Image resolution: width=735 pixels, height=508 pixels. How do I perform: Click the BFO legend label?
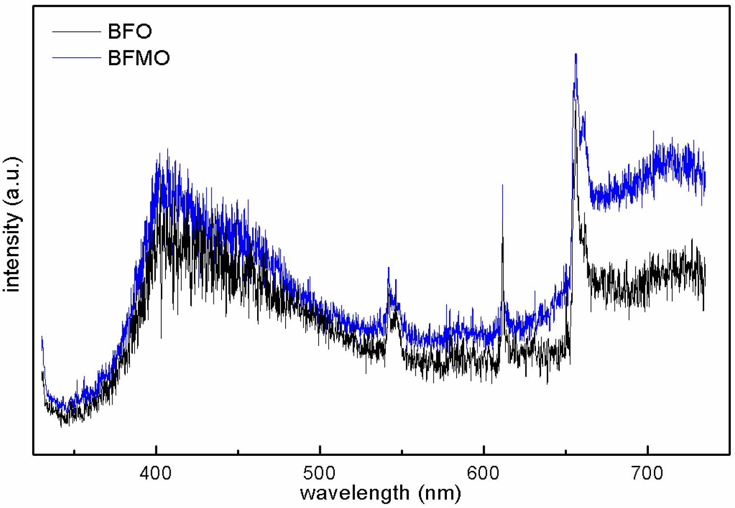point(129,31)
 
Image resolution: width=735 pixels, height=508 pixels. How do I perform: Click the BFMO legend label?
point(139,58)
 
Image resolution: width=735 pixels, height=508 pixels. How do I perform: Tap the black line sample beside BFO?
point(76,32)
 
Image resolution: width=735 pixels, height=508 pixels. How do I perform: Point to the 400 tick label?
point(156,473)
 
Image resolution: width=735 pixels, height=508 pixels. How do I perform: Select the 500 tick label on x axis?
point(320,473)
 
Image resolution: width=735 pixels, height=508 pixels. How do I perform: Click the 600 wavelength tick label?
point(484,473)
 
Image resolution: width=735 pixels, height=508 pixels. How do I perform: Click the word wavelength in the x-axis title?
point(355,493)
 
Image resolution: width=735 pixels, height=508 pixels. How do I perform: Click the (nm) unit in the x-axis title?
point(439,493)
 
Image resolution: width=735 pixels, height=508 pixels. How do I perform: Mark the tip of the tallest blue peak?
point(576,54)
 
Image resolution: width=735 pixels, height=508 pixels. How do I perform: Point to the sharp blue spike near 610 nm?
point(502,185)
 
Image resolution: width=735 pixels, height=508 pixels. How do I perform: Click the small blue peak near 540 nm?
point(388,268)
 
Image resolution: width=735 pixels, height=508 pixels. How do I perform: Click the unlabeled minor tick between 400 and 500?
point(238,452)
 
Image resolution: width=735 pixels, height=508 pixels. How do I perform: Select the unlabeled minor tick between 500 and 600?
point(402,452)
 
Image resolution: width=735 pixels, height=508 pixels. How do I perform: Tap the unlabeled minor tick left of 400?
point(74,452)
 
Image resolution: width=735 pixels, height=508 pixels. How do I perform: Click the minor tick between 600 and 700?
point(566,452)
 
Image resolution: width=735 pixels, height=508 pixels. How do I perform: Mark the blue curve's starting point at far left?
point(42,337)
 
